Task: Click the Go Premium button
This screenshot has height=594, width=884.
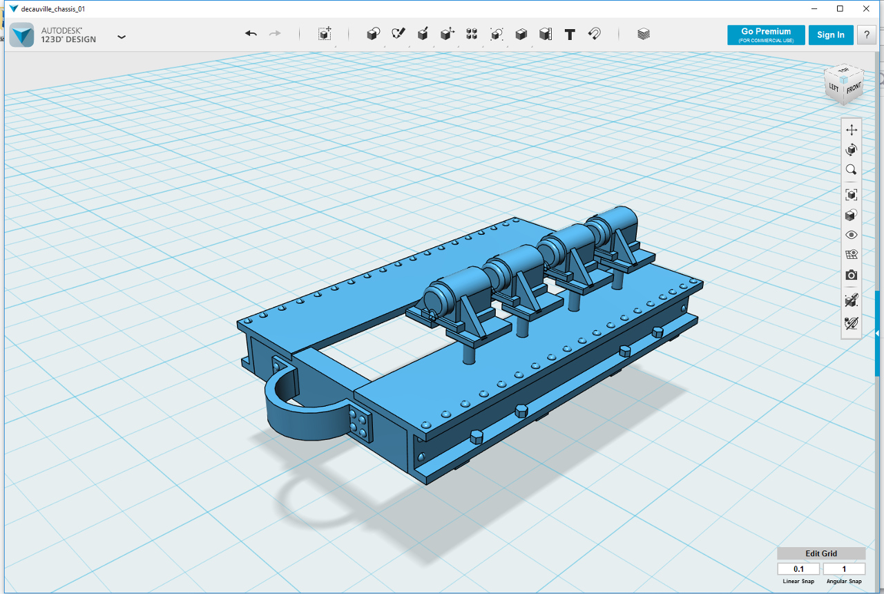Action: [766, 35]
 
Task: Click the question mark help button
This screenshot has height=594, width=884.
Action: [866, 35]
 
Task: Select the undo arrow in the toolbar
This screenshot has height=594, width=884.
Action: [251, 34]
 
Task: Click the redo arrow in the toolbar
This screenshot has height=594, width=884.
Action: [275, 34]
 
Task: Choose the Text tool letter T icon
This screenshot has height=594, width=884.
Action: [570, 35]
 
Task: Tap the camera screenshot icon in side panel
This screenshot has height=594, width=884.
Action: [852, 275]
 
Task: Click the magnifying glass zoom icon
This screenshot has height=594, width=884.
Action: [852, 170]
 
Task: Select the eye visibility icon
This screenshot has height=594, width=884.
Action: [852, 235]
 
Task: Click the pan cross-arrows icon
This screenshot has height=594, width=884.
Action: [852, 130]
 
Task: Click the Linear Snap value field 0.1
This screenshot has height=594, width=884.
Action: [798, 568]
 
